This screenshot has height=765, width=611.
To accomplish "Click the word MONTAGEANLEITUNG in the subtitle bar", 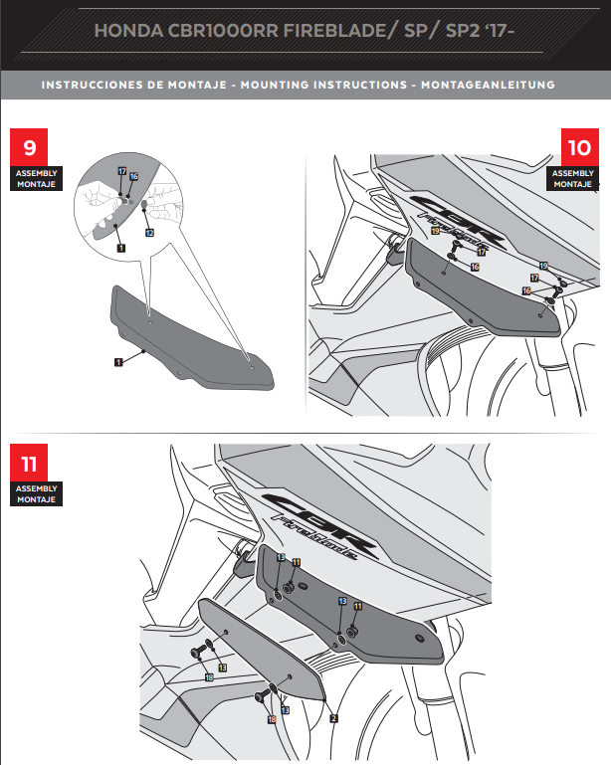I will pyautogui.click(x=490, y=86).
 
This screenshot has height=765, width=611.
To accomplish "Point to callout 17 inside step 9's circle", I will pyautogui.click(x=120, y=172).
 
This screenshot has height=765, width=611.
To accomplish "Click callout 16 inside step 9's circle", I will pyautogui.click(x=133, y=177).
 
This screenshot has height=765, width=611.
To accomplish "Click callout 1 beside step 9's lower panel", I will pyautogui.click(x=117, y=362).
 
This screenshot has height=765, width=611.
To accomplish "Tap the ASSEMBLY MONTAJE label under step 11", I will pyautogui.click(x=37, y=494).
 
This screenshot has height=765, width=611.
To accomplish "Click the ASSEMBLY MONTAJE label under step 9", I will pyautogui.click(x=37, y=178).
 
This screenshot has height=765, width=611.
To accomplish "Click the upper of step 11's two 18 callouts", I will pyautogui.click(x=209, y=676).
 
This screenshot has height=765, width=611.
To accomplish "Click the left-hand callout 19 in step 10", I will pyautogui.click(x=436, y=231).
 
